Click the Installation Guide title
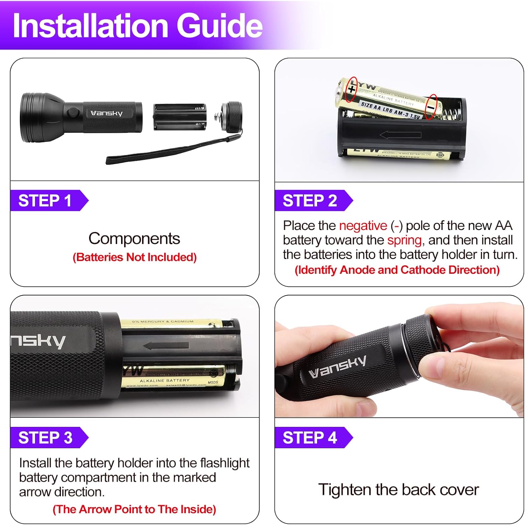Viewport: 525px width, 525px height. tap(137, 26)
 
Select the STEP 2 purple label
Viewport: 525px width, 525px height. tap(310, 201)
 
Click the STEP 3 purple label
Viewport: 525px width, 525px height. tap(45, 438)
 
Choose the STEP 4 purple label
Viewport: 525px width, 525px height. tap(310, 438)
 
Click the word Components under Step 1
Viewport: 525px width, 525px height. tap(134, 239)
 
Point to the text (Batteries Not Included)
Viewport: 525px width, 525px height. tap(134, 257)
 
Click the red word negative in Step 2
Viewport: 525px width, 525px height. tap(363, 226)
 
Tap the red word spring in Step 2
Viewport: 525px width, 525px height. tap(404, 240)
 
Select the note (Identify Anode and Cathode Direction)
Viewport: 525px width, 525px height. tap(397, 270)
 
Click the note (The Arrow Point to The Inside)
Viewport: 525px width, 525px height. tap(134, 509)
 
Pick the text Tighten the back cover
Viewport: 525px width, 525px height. tap(398, 490)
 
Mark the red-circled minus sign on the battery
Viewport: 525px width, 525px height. tap(431, 107)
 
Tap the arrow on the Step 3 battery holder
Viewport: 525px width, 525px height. tap(166, 346)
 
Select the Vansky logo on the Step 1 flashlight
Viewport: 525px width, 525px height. tap(106, 113)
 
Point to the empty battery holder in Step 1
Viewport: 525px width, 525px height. tap(180, 117)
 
